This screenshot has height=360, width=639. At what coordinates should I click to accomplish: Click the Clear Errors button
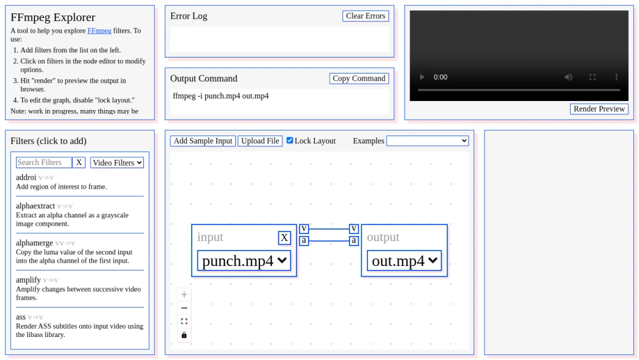coord(366,16)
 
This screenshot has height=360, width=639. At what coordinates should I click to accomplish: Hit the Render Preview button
coord(599,109)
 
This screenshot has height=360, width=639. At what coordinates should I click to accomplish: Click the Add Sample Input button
coord(203,141)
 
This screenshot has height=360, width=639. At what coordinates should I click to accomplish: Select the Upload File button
coord(260,141)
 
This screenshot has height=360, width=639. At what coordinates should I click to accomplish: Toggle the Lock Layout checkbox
coord(289,140)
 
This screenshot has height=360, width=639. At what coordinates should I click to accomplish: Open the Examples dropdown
coord(427,141)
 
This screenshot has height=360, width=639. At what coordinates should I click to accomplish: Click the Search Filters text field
coord(43,162)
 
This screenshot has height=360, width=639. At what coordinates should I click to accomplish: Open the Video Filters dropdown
coord(117,162)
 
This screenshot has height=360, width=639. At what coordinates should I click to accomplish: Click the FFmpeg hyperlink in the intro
coord(100,31)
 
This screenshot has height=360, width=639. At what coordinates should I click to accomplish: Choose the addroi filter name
coord(26,177)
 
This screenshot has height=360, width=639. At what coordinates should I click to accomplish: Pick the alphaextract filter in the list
coord(35,206)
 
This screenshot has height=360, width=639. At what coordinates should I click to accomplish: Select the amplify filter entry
coord(28,279)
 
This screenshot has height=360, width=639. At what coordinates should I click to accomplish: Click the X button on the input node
coord(284,238)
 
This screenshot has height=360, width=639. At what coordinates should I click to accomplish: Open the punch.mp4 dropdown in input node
coord(244,261)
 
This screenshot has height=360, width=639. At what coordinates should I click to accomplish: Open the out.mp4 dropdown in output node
coord(404,261)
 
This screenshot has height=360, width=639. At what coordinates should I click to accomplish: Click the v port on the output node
coord(354,228)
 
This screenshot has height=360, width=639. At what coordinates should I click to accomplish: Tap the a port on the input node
coord(304,240)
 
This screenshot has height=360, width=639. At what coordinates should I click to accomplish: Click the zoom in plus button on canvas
coord(184,294)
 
